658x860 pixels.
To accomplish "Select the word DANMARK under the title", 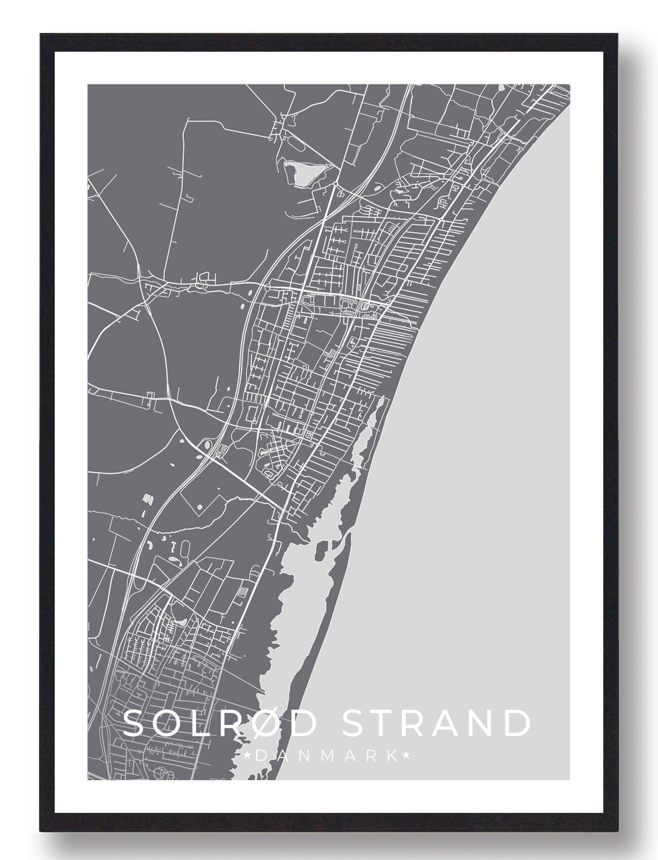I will tap(327, 756).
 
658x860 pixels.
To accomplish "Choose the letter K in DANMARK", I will tap(392, 756).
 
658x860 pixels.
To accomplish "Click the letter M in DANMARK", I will tap(327, 756).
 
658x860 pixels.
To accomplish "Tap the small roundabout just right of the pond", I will tap(336, 183).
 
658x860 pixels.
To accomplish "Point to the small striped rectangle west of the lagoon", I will tap(243, 592).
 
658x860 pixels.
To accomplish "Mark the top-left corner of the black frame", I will tap(40, 34).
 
